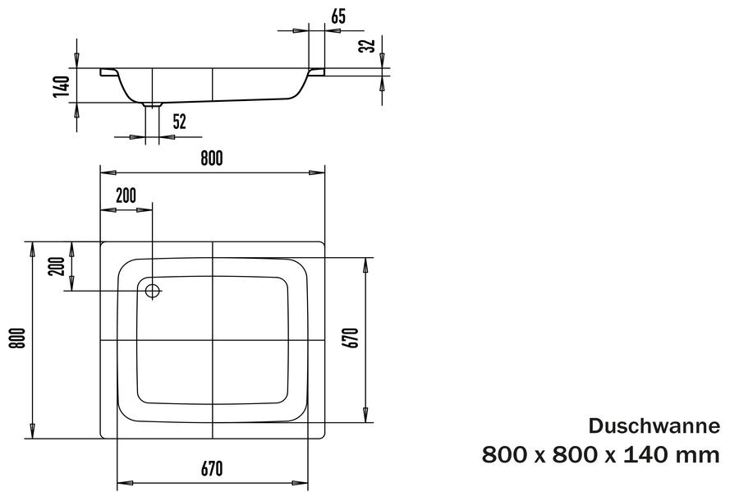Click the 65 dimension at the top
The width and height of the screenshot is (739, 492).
(338, 16)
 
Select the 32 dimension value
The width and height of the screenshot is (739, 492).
(368, 45)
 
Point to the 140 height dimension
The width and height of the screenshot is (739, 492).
(62, 86)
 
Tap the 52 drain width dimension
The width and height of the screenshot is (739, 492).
(180, 122)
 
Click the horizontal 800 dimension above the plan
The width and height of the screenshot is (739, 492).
(212, 159)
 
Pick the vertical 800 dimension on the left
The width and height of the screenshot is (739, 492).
(17, 338)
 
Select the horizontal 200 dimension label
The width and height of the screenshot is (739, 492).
(126, 195)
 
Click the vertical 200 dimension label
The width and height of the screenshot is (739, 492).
(57, 266)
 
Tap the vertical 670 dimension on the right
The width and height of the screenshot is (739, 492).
(352, 338)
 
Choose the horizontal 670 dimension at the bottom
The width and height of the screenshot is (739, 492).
(212, 469)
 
